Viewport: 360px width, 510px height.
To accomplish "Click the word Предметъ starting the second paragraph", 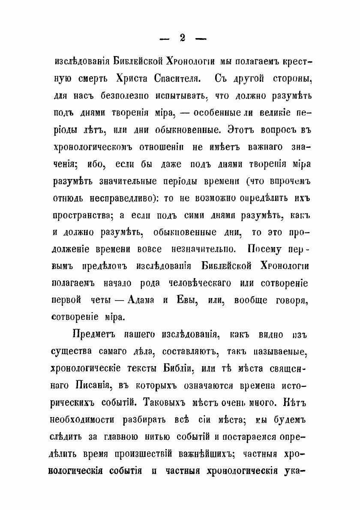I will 93,334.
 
